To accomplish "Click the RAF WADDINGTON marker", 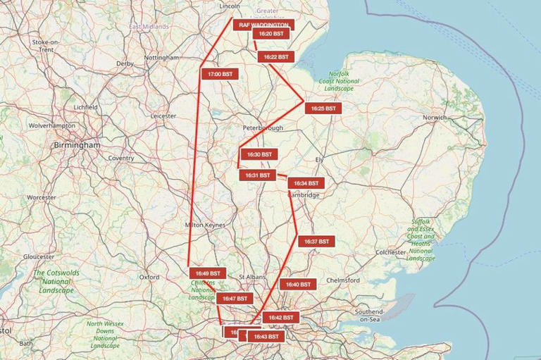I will click(x=263, y=25).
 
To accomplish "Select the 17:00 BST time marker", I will click(x=220, y=73).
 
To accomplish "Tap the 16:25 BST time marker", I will click(x=323, y=108).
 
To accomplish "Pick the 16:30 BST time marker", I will click(x=259, y=154).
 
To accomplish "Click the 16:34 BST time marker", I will click(x=306, y=183).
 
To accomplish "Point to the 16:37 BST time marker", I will click(x=316, y=242).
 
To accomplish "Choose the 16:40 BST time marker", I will click(x=298, y=285).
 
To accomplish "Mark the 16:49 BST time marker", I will click(x=207, y=273).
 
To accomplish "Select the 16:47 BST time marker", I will click(x=234, y=299).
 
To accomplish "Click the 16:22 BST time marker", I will click(x=274, y=56).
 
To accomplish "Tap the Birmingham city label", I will click(x=77, y=144).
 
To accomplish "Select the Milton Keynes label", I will click(x=204, y=225).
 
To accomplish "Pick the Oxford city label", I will click(x=149, y=278).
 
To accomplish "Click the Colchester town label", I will click(x=391, y=252).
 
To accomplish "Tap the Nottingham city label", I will click(x=161, y=57).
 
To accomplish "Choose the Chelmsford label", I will click(x=343, y=280).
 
